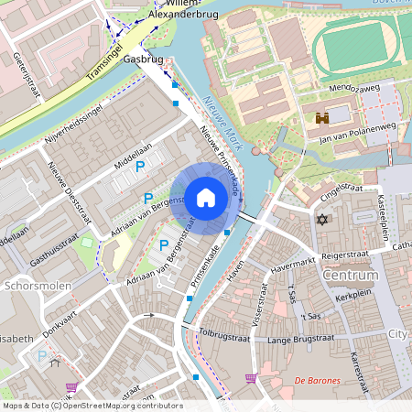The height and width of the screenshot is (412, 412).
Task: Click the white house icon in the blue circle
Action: [206, 197]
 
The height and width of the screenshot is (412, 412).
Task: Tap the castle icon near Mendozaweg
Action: [322, 118]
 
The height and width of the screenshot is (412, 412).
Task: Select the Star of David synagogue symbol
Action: [321, 220]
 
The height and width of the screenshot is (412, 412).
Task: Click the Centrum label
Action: [351, 275]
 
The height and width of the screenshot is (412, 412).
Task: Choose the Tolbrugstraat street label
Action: [223, 336]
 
